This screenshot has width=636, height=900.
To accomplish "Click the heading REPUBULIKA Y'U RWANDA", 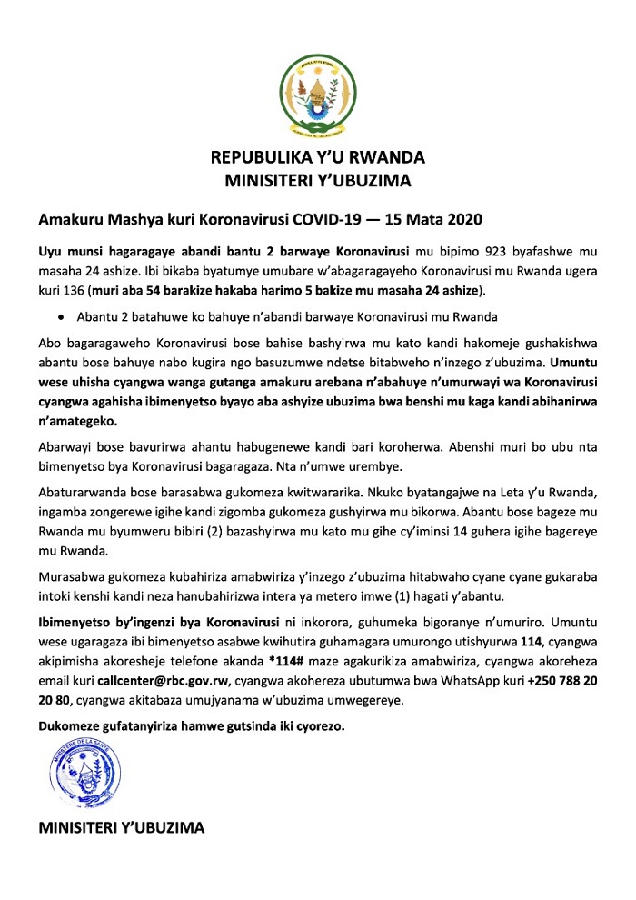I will coord(318,158).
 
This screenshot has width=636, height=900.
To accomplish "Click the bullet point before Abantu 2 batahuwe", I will coord(60,317).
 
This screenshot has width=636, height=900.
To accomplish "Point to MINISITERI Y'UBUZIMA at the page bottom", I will coord(121,828).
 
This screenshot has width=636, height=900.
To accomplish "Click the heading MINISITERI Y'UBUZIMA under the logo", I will coord(318,180).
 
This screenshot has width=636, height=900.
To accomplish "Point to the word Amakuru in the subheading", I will coord(67,219).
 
